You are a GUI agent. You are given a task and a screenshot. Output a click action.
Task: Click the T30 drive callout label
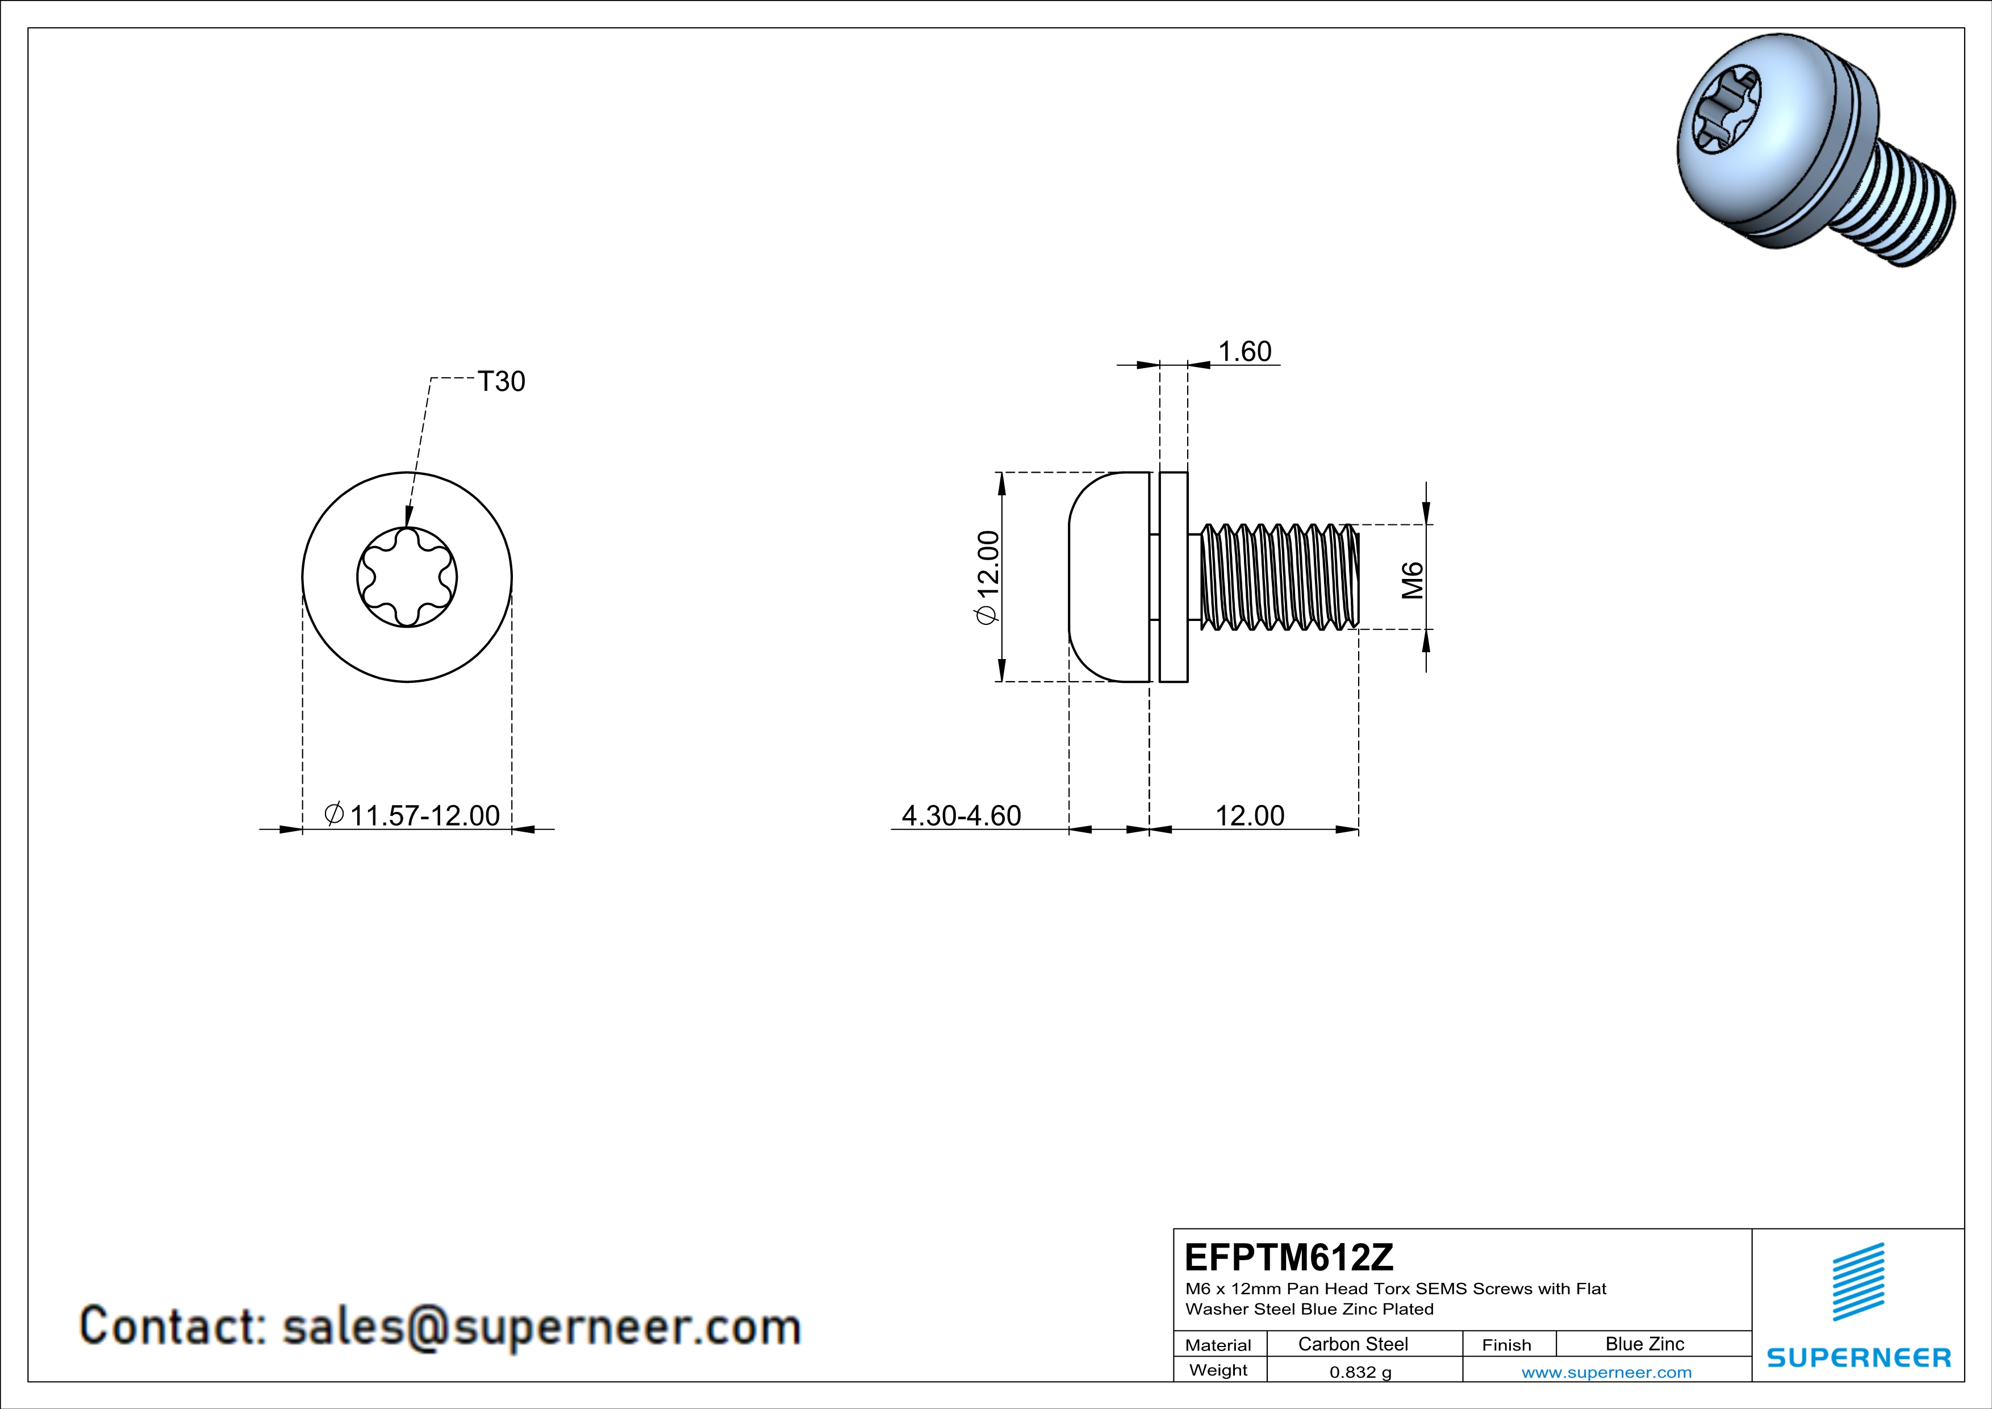(x=502, y=382)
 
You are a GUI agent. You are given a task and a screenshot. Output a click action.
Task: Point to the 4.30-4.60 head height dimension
(x=961, y=815)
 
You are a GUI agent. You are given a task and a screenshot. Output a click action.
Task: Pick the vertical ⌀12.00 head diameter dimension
(x=988, y=577)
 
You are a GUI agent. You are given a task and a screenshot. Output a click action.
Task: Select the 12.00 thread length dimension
(x=1250, y=815)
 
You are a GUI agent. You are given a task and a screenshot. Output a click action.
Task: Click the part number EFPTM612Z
(x=1289, y=1257)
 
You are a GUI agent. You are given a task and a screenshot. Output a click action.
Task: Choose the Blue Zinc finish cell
(x=1645, y=1344)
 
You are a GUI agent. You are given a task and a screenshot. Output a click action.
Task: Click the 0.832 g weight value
(x=1360, y=1372)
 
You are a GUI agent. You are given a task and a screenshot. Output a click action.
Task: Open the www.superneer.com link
(x=1607, y=1372)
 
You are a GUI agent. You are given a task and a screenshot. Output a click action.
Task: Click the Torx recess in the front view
(x=407, y=577)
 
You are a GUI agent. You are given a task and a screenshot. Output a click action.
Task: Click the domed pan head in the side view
(x=1109, y=577)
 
